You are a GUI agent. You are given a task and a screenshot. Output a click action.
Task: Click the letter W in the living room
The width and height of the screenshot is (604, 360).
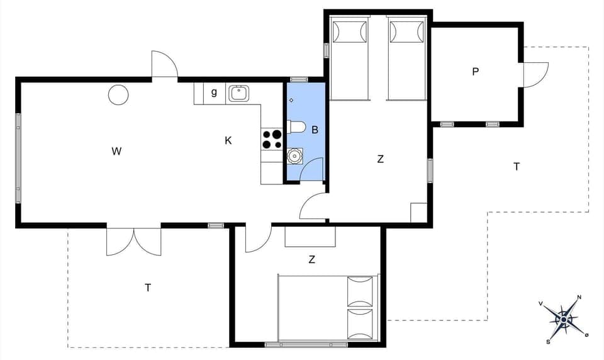click(116, 151)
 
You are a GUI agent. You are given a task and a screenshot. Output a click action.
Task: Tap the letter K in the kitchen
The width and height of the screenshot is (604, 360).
click(228, 140)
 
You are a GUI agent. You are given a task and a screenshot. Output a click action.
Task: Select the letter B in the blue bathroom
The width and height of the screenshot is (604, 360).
click(315, 130)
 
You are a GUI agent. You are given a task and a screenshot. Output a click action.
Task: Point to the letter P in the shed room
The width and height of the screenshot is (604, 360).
click(476, 72)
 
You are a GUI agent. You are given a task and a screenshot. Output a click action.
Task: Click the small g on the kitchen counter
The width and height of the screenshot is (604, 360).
click(214, 93)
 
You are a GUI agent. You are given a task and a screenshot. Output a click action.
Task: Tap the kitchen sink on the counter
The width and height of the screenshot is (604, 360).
click(239, 94)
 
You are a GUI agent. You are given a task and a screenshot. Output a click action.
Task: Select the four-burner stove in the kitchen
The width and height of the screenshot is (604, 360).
click(272, 139)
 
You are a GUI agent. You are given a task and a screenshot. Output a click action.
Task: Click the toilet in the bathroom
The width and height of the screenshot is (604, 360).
click(296, 127)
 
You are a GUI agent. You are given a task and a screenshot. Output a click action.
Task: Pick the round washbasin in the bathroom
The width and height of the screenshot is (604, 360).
click(294, 155)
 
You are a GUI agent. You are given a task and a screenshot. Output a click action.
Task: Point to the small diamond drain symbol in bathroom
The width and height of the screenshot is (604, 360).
click(291, 100)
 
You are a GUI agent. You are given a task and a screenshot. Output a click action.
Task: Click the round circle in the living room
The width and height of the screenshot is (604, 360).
click(118, 94)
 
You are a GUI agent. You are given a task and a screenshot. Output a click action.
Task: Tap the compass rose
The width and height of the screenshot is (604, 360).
click(564, 320)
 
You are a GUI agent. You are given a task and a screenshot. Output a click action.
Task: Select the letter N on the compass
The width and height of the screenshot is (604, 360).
click(579, 297)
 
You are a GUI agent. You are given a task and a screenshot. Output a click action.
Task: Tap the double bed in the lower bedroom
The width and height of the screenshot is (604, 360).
click(327, 308)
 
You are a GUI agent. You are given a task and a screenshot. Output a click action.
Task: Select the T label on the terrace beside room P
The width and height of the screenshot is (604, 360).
click(517, 167)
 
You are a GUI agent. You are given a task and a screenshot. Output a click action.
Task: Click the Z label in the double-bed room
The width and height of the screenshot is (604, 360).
click(312, 259)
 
